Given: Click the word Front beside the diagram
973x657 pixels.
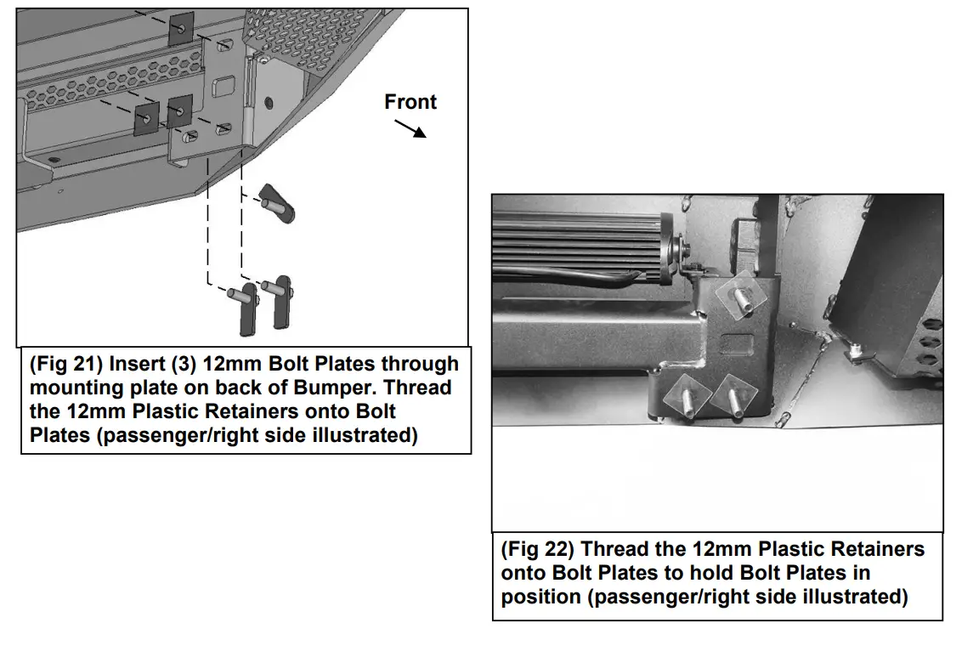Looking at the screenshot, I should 410,102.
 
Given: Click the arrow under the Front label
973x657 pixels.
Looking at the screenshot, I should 410,127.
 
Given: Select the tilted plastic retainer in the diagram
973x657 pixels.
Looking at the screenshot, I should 277,201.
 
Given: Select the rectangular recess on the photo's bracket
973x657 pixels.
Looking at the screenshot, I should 735,347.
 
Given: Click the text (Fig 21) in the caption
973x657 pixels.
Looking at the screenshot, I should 65,364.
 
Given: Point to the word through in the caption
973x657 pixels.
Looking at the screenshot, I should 419,364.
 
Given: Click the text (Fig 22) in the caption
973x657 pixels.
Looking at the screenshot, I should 537,549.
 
